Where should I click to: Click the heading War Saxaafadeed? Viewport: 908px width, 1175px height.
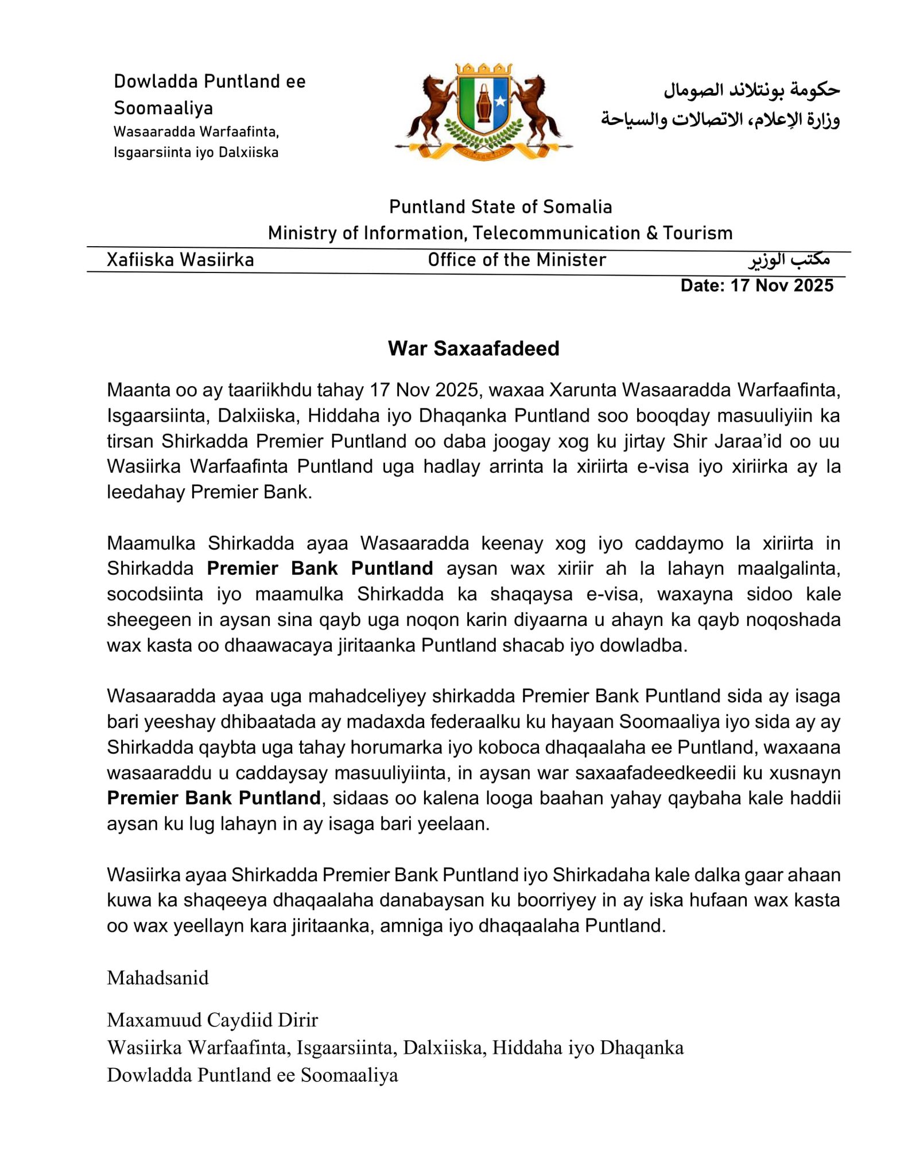click(473, 348)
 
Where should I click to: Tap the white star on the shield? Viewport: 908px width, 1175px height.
click(500, 101)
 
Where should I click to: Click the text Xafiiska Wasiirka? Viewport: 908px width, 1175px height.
click(180, 260)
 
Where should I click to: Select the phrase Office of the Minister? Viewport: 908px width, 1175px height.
click(517, 260)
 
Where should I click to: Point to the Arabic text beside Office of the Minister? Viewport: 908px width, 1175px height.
click(789, 260)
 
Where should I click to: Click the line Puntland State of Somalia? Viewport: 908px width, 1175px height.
click(500, 207)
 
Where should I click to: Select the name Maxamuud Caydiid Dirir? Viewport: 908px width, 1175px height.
click(212, 1020)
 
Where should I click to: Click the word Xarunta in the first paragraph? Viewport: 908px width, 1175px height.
click(582, 390)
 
